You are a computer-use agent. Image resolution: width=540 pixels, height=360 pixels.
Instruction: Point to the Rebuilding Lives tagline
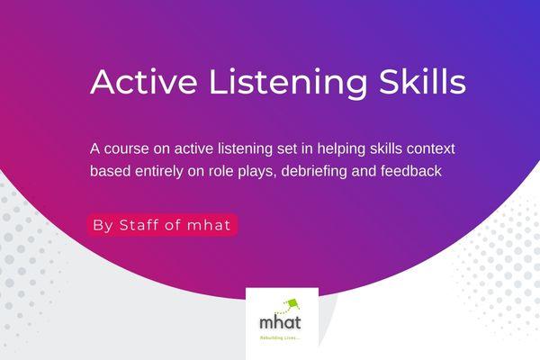281,337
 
